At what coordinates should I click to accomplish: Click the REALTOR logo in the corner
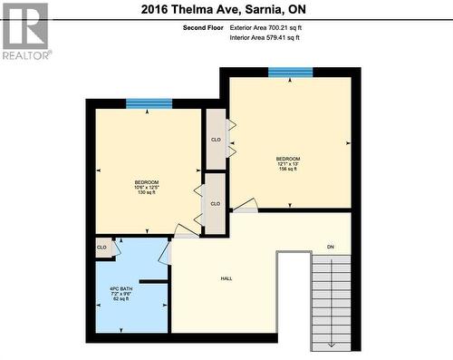[x=25, y=30]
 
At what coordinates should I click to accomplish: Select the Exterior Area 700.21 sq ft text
[x=265, y=28]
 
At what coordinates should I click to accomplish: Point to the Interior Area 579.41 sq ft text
[x=265, y=37]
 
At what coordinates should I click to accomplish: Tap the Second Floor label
[x=203, y=28]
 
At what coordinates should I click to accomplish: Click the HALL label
[x=226, y=278]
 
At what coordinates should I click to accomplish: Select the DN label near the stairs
[x=331, y=248]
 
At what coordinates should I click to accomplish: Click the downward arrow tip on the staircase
[x=332, y=345]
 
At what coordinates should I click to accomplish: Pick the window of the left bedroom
[x=149, y=104]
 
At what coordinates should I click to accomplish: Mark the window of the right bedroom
[x=290, y=73]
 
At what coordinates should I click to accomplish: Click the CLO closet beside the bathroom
[x=102, y=247]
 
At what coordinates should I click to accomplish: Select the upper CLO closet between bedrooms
[x=216, y=140]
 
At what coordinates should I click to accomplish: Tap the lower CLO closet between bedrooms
[x=215, y=204]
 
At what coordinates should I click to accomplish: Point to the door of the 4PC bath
[x=165, y=251]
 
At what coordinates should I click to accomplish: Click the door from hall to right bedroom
[x=246, y=207]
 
